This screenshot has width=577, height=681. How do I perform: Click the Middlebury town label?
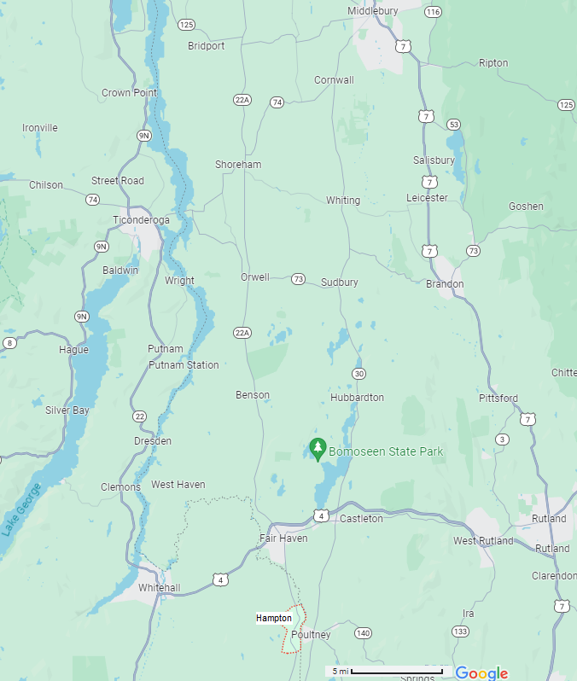(x=373, y=11)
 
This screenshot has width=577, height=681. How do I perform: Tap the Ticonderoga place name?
(x=142, y=220)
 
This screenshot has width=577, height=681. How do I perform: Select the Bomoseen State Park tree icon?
(x=318, y=449)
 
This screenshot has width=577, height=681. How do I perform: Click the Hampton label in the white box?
(x=274, y=618)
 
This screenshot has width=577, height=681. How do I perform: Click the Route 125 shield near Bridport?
(x=187, y=24)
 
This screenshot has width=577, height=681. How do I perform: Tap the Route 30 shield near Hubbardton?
(x=359, y=374)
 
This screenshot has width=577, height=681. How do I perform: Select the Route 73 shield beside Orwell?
(x=298, y=279)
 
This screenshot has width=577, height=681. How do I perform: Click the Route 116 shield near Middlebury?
(x=433, y=12)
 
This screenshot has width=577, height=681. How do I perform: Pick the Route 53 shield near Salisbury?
(x=453, y=125)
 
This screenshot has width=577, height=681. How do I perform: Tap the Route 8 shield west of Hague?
(x=9, y=343)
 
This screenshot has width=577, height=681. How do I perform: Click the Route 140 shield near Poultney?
(x=364, y=633)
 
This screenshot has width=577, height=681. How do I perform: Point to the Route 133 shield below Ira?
(x=461, y=632)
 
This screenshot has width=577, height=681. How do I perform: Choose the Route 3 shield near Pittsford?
(x=503, y=439)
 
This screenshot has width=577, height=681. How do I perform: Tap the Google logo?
(x=481, y=672)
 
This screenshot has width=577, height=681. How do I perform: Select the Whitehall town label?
(x=160, y=588)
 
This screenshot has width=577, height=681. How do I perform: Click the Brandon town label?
(x=445, y=284)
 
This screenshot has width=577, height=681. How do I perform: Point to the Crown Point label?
(x=129, y=93)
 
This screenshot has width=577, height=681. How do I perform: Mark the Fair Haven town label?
(x=283, y=538)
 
